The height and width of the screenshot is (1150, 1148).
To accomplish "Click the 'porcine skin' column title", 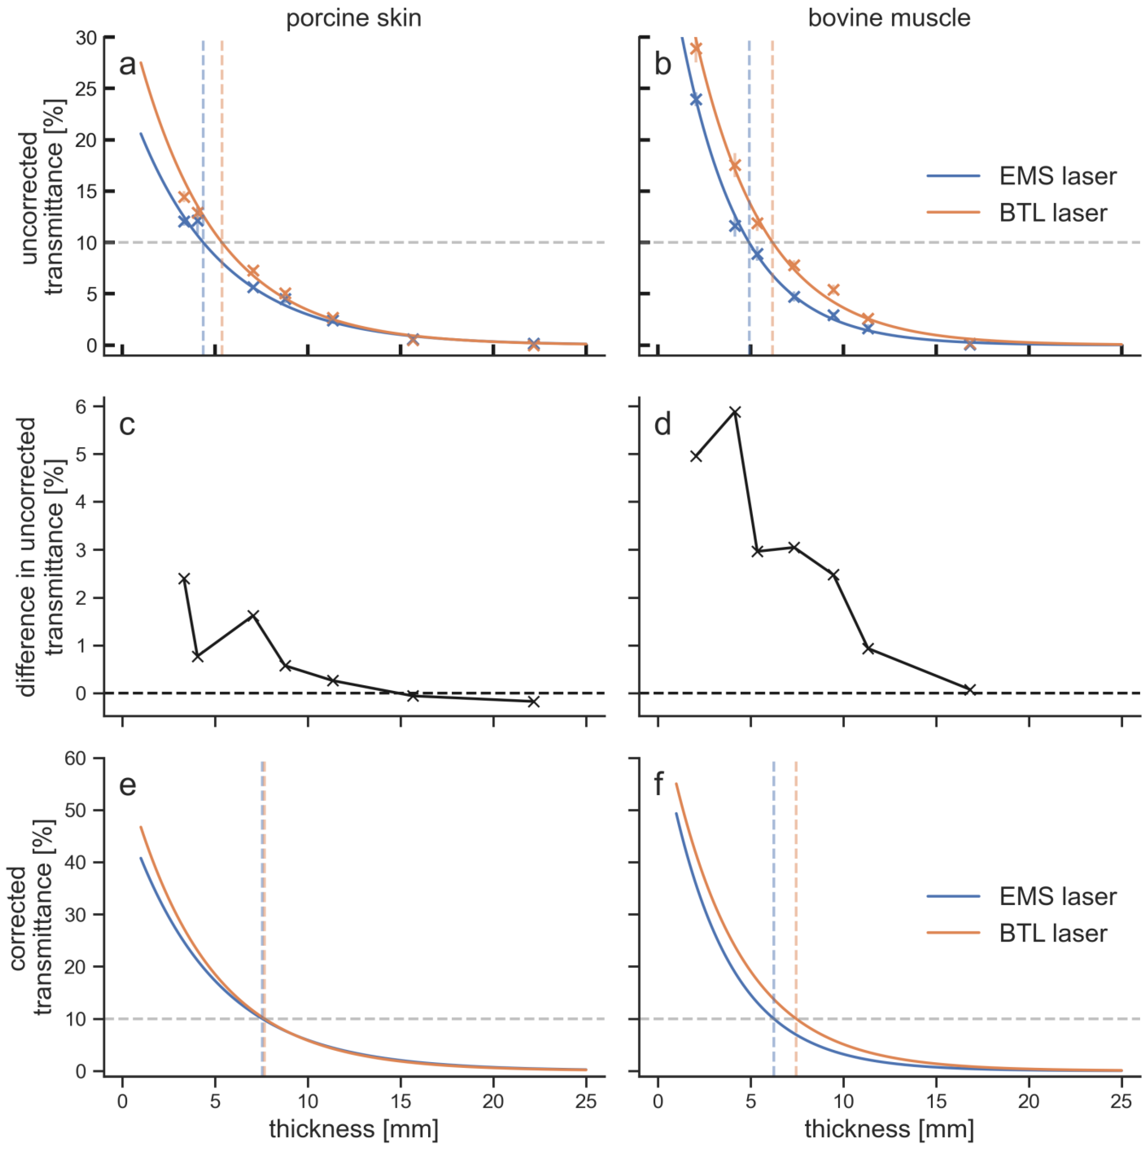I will click(353, 18).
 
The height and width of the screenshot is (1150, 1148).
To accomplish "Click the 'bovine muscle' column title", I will click(889, 18).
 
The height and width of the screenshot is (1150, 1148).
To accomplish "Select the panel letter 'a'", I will click(127, 64).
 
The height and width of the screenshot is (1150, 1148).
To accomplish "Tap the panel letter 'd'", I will click(662, 424).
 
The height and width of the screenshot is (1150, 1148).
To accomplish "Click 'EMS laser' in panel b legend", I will click(1057, 176).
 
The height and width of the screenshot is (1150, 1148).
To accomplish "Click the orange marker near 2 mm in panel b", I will click(696, 48).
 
